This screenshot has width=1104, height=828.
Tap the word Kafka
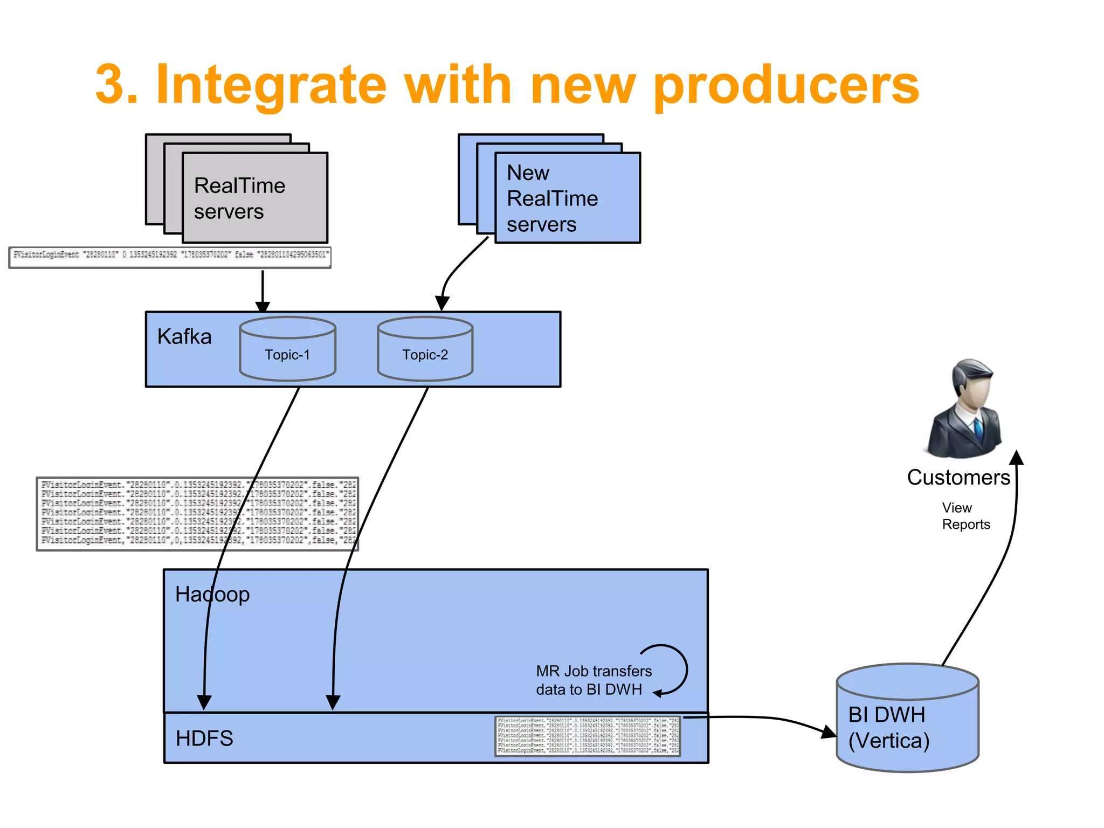[x=184, y=337]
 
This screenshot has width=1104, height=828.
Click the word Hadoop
[x=212, y=594]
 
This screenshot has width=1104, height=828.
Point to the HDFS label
[x=204, y=738]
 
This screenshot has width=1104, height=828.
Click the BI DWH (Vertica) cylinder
[x=907, y=722]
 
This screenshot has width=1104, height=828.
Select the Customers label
[x=958, y=478]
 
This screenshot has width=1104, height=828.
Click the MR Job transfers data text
[x=594, y=680]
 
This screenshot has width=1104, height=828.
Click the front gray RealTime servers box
[x=255, y=198]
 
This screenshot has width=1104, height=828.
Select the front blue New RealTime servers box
[x=567, y=198]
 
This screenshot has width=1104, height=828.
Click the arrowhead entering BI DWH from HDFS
[x=829, y=732]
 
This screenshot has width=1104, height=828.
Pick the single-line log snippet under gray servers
[x=170, y=257]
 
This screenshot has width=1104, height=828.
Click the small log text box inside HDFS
[x=588, y=736]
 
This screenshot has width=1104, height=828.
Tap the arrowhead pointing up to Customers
[x=1016, y=457]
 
